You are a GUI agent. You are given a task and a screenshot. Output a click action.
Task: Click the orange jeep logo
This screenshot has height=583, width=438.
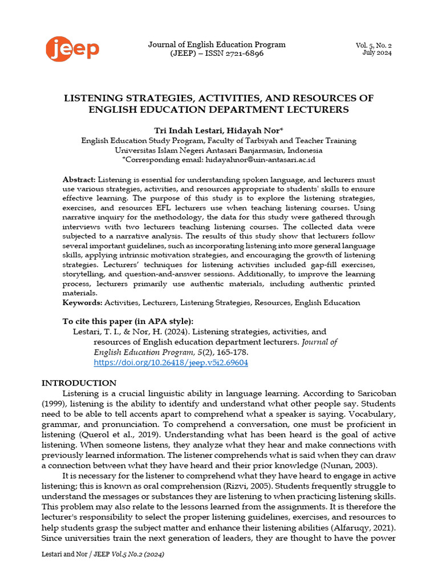[72, 49]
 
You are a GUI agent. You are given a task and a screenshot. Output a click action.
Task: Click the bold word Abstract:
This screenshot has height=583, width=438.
[79, 180]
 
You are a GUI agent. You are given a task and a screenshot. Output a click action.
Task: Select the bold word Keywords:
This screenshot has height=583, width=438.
[82, 303]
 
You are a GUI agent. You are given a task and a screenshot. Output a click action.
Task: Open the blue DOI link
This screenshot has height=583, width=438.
[171, 363]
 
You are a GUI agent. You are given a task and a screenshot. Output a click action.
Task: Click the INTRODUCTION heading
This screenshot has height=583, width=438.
[79, 383]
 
